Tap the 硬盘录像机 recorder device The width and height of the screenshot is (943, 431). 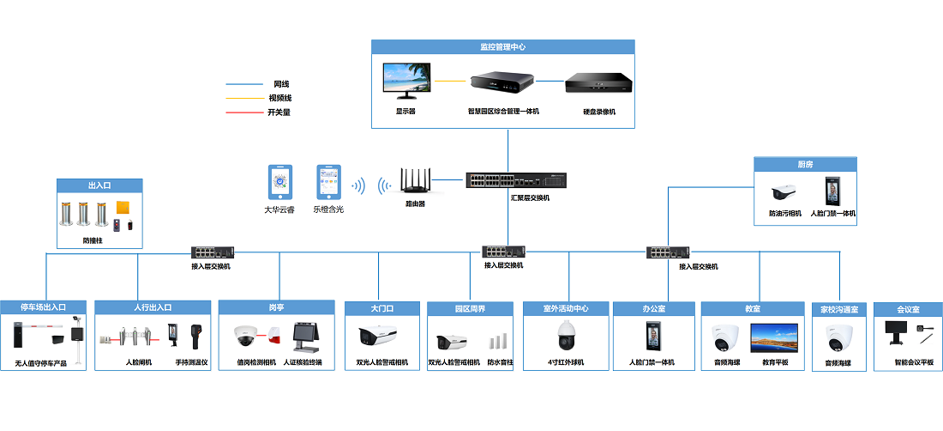(598, 83)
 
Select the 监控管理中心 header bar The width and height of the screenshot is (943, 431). (503, 47)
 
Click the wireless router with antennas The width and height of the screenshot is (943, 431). (416, 181)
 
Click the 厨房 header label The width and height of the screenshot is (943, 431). (805, 164)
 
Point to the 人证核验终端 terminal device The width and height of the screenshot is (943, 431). (306, 337)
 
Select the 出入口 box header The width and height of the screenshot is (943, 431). (99, 185)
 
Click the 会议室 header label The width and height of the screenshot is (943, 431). (908, 309)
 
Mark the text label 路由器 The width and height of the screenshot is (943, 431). (416, 205)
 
